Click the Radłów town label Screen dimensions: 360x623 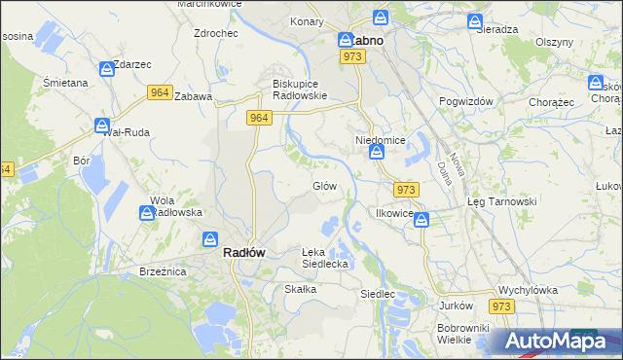[244, 252]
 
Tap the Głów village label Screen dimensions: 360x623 [324, 186]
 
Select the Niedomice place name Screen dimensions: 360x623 [379, 140]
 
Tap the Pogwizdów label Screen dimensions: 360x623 [467, 102]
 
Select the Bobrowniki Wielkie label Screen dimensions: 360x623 [461, 334]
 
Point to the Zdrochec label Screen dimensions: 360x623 [216, 33]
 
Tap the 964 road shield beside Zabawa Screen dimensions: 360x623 [161, 92]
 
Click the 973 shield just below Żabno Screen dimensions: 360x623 [352, 58]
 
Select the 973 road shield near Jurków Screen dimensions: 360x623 [501, 306]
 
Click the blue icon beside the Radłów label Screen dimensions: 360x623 [209, 238]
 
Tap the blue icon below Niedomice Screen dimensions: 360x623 [376, 153]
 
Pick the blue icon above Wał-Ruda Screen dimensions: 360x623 [102, 125]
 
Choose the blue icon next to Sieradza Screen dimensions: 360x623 [474, 20]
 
